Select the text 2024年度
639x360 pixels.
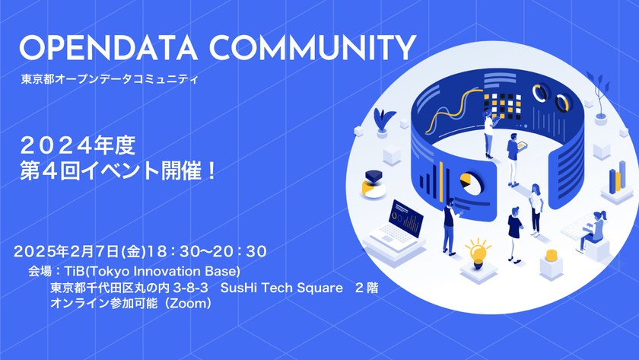tap(78, 143)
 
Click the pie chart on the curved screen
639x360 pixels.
tap(470, 184)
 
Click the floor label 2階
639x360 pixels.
tap(366, 288)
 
